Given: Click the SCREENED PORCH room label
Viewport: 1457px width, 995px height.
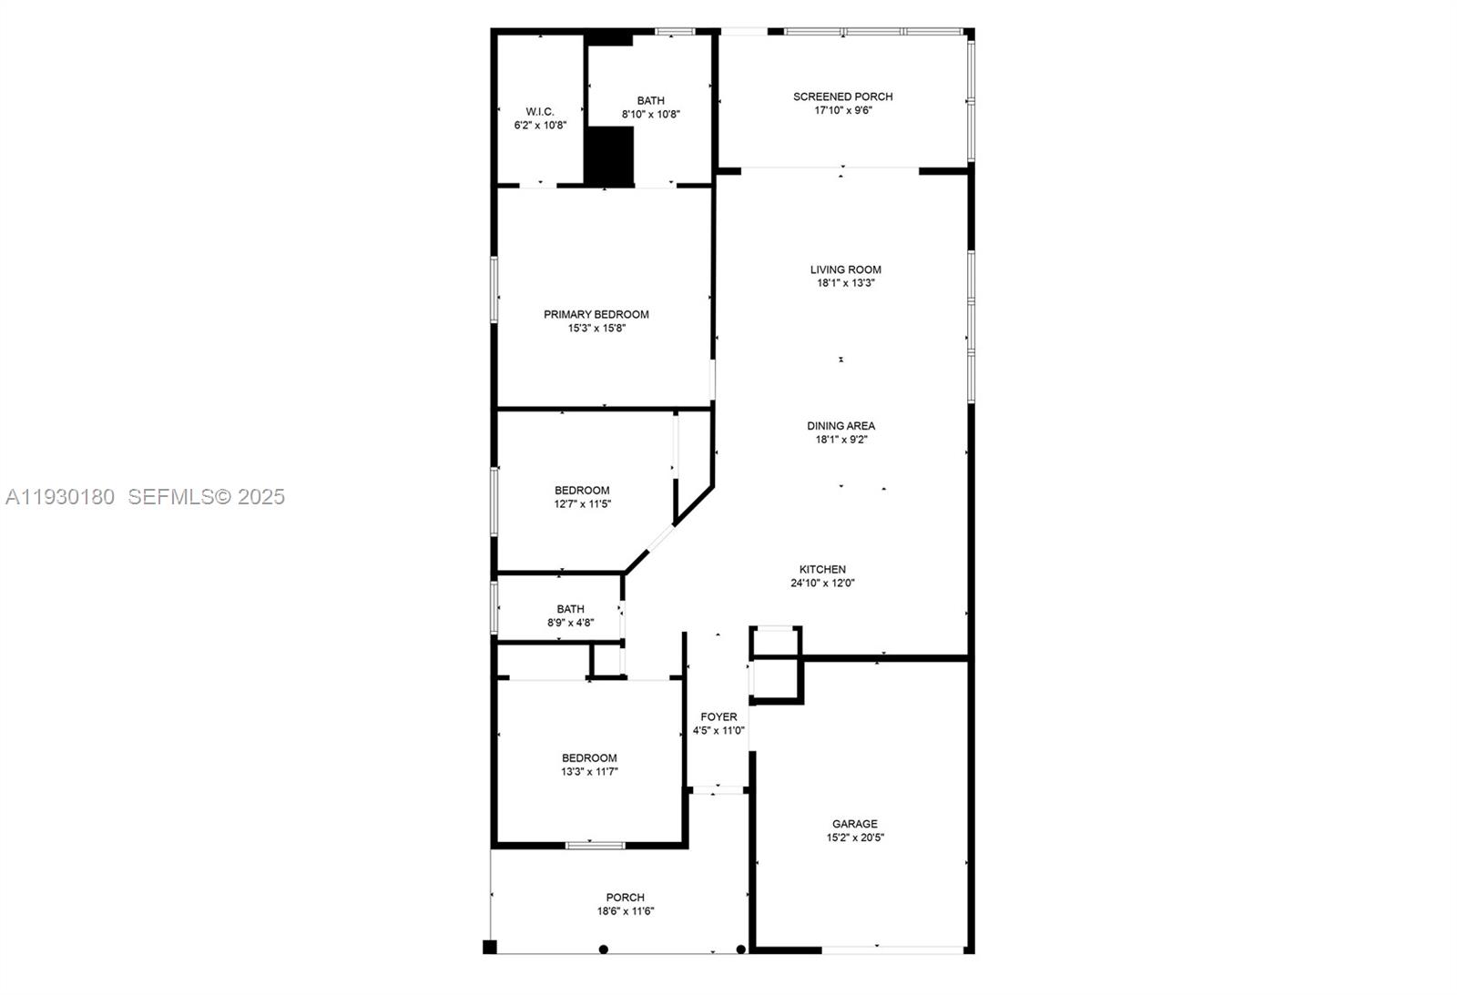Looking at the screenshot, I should click(x=842, y=96).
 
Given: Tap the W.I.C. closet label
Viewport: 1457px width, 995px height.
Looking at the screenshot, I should click(x=540, y=111).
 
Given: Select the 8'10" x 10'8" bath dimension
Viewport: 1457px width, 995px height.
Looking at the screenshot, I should click(x=651, y=115).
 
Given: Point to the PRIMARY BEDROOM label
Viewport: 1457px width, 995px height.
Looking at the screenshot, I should click(x=596, y=314).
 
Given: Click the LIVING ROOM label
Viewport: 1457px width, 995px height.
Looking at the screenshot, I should click(x=846, y=269).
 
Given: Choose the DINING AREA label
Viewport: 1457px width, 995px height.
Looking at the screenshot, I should click(x=841, y=425).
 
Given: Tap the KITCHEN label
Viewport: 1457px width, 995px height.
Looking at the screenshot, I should click(x=822, y=569).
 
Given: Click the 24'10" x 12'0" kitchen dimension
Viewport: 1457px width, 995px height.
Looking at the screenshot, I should click(x=822, y=584).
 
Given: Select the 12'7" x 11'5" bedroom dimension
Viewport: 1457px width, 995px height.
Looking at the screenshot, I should click(x=582, y=503).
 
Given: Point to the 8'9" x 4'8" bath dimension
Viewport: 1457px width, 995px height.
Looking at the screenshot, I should click(x=570, y=623).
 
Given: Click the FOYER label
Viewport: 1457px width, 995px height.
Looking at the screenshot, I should click(x=718, y=716).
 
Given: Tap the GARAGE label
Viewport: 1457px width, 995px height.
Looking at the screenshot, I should click(x=854, y=824).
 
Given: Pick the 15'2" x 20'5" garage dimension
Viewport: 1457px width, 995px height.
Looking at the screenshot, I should click(x=854, y=838).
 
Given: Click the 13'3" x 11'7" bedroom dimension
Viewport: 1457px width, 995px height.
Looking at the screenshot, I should click(x=589, y=771).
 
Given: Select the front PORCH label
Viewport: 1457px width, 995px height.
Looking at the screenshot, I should click(x=625, y=897).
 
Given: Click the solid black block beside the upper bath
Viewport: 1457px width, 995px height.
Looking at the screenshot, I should click(x=608, y=157).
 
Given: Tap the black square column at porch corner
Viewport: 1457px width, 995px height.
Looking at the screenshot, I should click(x=490, y=947).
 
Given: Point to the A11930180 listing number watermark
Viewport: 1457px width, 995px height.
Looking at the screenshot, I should click(x=60, y=497).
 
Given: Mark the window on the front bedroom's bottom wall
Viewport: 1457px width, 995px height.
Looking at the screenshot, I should click(x=596, y=846).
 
